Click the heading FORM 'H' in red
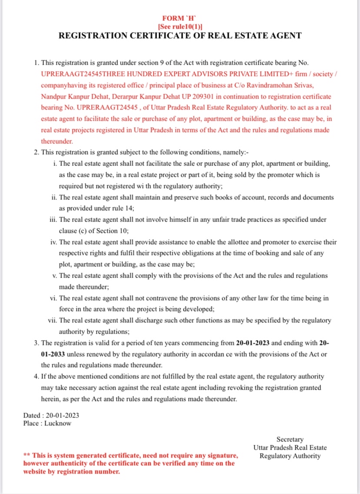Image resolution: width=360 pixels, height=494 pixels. click(x=180, y=18)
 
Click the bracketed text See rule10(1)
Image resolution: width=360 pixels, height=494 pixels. click(x=180, y=26)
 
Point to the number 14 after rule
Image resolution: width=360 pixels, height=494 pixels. click(x=127, y=208)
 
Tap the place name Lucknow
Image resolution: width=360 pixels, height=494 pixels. click(x=57, y=423)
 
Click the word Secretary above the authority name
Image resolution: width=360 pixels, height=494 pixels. click(x=290, y=439)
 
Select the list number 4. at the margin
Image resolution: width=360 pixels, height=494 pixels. click(x=37, y=377)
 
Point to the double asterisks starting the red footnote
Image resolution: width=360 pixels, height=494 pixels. click(x=27, y=455)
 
